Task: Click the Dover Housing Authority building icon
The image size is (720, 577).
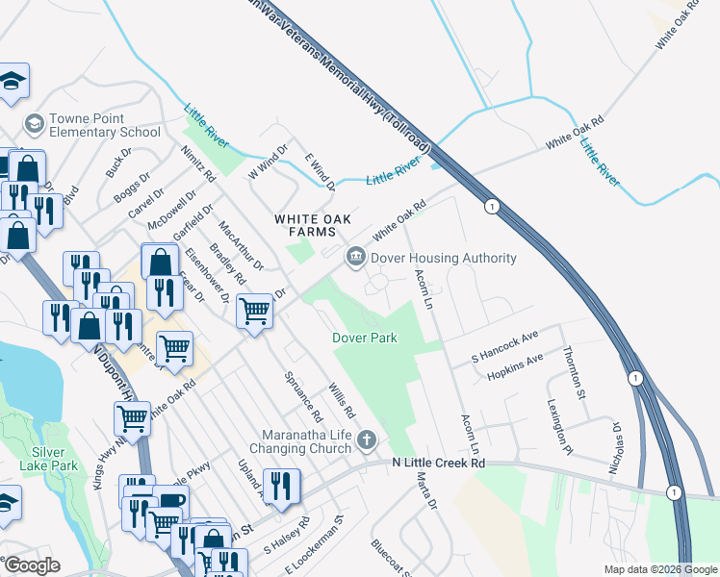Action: [356, 257]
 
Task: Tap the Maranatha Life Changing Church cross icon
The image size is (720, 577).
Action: [366, 440]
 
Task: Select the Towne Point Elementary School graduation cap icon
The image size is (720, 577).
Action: [35, 123]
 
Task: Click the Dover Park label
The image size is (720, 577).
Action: [365, 338]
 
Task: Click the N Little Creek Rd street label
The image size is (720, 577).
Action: [438, 463]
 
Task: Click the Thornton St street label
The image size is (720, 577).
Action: [575, 372]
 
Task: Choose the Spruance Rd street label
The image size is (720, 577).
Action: [302, 396]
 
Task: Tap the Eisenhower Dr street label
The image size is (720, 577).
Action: [207, 273]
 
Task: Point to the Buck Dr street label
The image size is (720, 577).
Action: [119, 161]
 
